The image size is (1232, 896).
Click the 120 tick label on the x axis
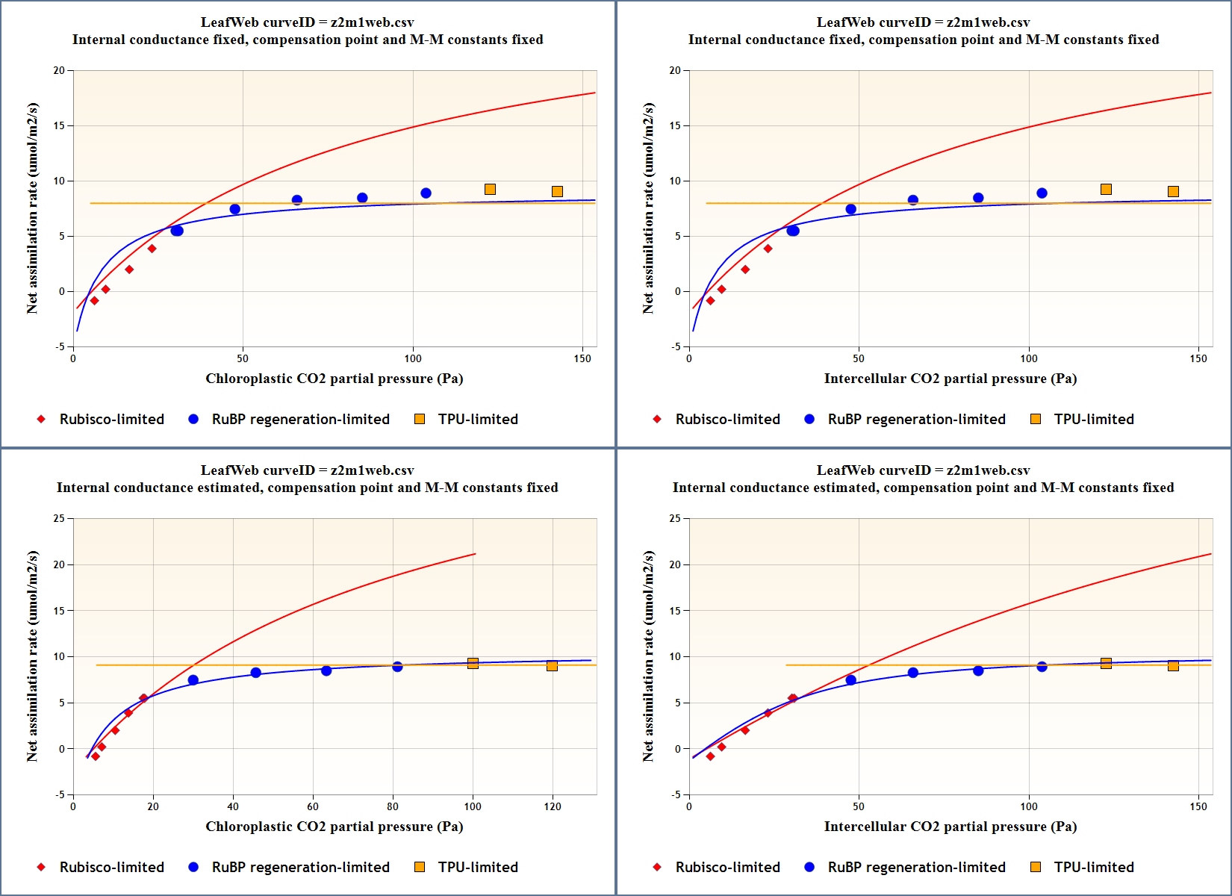click(553, 806)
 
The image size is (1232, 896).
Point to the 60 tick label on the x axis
click(313, 806)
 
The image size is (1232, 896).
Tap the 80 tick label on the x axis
click(393, 806)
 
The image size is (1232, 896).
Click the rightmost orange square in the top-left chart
click(557, 192)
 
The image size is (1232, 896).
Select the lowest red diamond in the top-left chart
click(94, 301)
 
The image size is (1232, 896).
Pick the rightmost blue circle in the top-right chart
click(1042, 193)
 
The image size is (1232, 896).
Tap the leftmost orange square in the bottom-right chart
click(1106, 663)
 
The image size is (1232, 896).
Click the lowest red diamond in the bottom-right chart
click(710, 756)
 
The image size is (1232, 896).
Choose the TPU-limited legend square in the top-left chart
click(420, 419)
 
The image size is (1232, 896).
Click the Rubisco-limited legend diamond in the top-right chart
click(657, 419)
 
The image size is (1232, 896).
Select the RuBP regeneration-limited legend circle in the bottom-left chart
click(193, 867)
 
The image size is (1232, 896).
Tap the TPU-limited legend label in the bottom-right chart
click(1094, 867)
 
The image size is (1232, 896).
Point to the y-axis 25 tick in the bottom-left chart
click(60, 518)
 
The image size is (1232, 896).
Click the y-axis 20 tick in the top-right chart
click(676, 71)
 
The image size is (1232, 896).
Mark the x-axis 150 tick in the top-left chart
click(582, 358)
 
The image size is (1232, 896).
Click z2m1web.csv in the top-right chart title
click(989, 22)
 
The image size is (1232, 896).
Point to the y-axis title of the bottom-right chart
click(648, 656)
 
